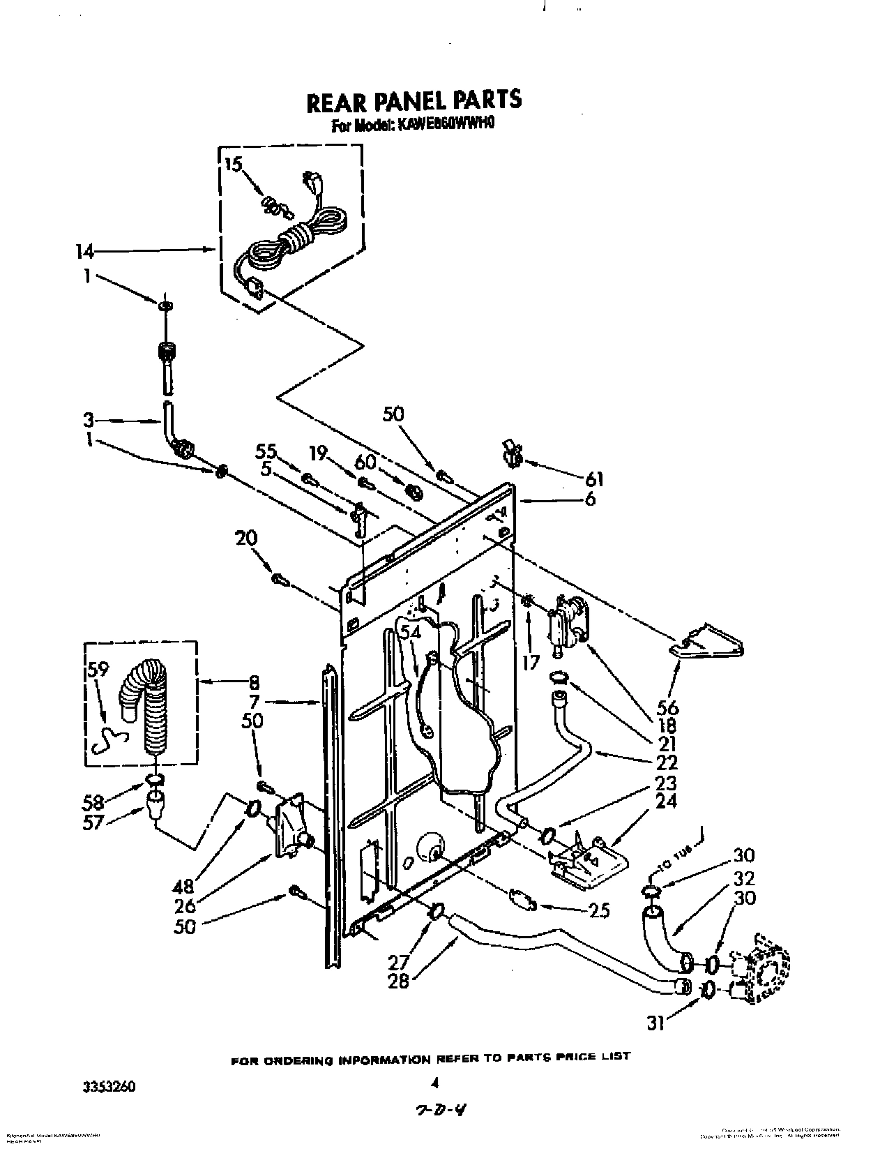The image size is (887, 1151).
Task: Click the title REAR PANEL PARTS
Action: (x=414, y=100)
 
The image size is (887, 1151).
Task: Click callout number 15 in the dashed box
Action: (x=234, y=165)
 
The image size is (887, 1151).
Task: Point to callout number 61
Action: (x=595, y=479)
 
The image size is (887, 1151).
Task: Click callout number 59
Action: (x=98, y=670)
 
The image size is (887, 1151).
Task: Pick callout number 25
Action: (x=600, y=910)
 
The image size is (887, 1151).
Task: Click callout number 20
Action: (x=247, y=538)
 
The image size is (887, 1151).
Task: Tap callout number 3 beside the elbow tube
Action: (x=89, y=421)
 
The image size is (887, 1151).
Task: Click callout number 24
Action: (x=666, y=802)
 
